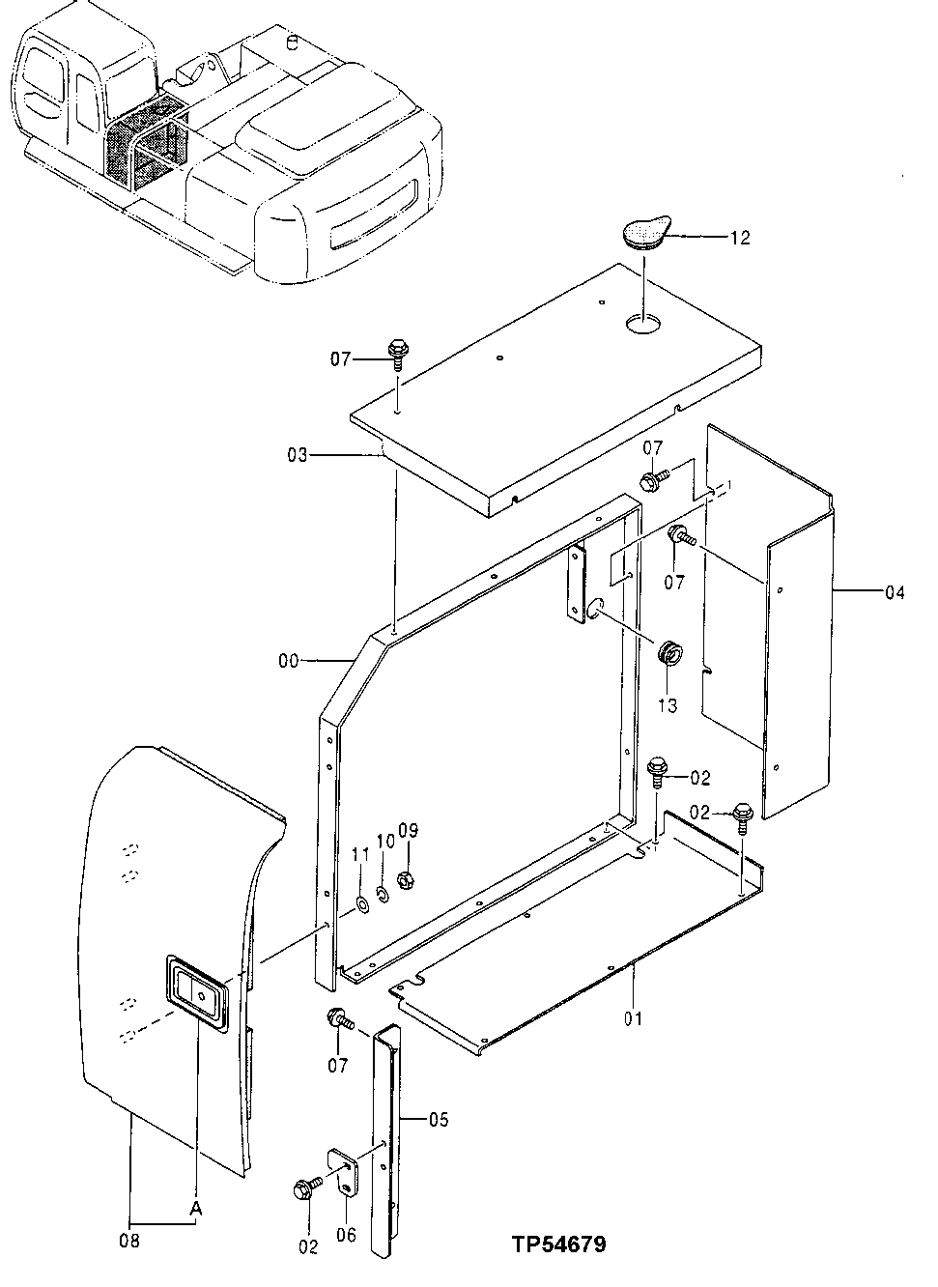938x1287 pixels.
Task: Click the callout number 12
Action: (x=740, y=238)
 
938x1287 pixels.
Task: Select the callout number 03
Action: (x=298, y=454)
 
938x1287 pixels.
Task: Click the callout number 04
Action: (x=895, y=592)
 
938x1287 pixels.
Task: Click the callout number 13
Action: (x=668, y=706)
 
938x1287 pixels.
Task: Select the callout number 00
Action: (x=289, y=661)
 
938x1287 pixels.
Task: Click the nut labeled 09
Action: (x=408, y=881)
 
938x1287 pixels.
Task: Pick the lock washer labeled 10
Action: (x=384, y=893)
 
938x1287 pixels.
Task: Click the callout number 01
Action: (x=634, y=1017)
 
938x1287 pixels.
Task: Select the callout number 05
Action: (x=439, y=1120)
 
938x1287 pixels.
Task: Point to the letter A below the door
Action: (x=196, y=1208)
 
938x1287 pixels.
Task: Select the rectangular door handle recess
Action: (x=198, y=992)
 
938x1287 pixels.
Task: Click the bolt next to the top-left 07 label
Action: (x=397, y=354)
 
